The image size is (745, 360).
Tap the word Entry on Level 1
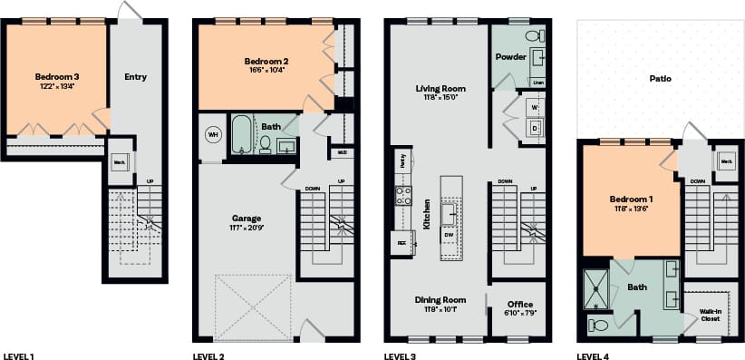135,77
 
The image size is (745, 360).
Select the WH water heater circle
214,135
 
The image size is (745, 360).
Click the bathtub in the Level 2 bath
242,135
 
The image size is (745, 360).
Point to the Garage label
246,219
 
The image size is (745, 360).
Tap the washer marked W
535,108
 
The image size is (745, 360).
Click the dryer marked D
535,128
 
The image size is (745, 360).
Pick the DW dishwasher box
449,235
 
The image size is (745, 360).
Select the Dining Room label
440,300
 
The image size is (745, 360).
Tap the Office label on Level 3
519,304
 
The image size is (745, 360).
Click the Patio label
660,79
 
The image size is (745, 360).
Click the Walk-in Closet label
711,314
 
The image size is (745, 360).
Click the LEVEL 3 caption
400,355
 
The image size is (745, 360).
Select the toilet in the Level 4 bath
599,324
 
